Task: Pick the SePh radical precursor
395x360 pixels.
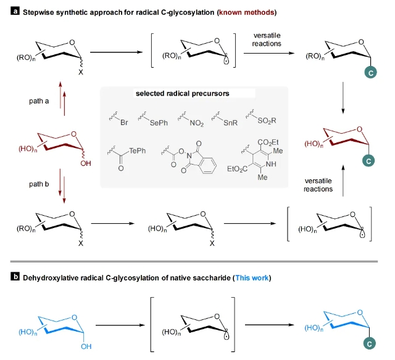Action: (158, 123)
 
